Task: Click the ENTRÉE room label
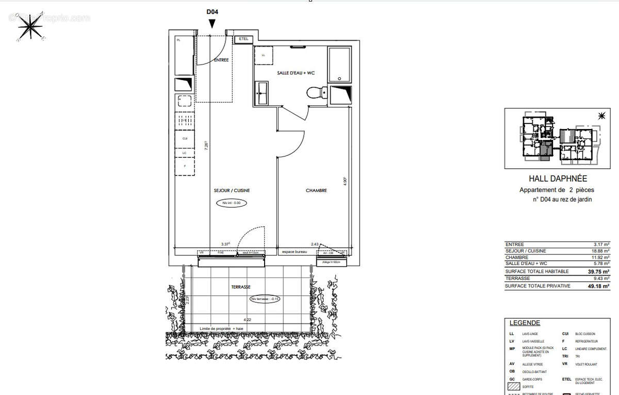[x=221, y=60]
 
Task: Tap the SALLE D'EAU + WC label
[x=296, y=73]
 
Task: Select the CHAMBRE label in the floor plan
[x=316, y=191]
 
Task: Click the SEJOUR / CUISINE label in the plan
[x=232, y=191]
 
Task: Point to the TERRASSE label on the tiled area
[x=241, y=287]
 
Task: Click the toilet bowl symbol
[x=314, y=93]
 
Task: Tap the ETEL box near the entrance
[x=243, y=39]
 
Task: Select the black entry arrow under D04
[x=212, y=24]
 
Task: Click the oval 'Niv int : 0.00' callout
[x=232, y=203]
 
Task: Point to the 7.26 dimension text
[x=206, y=145]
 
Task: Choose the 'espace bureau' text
[x=294, y=252]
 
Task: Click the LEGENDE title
[x=525, y=323]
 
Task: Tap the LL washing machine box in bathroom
[x=264, y=55]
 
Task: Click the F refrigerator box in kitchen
[x=185, y=165]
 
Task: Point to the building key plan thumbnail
[x=555, y=138]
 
